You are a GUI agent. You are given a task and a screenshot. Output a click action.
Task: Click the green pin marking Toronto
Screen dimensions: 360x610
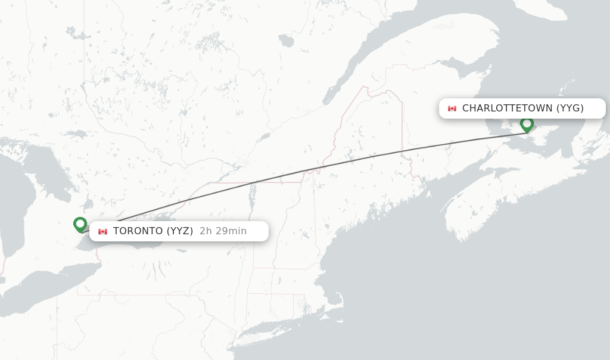(x=80, y=224)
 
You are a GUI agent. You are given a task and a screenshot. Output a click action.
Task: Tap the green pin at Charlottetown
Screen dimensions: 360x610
(x=527, y=124)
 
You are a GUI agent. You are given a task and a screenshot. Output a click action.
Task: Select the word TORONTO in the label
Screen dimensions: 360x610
(x=138, y=231)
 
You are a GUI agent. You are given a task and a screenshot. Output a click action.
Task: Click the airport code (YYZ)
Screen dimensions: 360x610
(x=179, y=231)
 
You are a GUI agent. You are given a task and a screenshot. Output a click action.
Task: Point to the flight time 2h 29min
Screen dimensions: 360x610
(x=223, y=231)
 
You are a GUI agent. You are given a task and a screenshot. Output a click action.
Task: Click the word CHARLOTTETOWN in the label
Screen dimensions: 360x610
(x=508, y=108)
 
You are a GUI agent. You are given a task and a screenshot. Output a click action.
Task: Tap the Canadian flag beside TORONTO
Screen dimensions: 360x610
(x=103, y=231)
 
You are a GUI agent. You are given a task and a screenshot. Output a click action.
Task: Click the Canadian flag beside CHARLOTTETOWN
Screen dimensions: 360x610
(x=452, y=108)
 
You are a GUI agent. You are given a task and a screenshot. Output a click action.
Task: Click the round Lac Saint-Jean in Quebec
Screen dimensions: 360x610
(x=287, y=41)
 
